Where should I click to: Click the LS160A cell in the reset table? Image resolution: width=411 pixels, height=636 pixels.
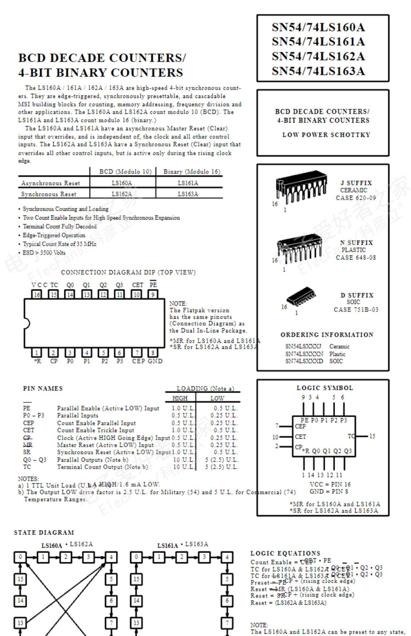point(122,183)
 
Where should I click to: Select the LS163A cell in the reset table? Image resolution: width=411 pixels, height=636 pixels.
point(188,194)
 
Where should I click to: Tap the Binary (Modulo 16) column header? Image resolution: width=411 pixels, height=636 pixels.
point(192,171)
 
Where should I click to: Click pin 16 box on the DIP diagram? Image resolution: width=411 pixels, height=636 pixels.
point(37,294)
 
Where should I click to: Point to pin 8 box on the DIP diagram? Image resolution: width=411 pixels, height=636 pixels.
point(153,353)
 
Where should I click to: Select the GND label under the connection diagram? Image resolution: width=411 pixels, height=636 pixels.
point(155,361)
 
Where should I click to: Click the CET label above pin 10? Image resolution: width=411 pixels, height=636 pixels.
point(138,285)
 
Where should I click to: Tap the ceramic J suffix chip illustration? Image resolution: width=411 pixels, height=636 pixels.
point(301,186)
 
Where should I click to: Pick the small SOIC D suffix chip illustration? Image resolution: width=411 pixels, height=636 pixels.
point(301,297)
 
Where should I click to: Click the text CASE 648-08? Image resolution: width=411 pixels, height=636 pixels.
point(356,257)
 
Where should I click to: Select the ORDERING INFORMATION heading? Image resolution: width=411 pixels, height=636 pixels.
point(327,335)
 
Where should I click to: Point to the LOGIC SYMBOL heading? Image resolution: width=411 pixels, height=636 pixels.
point(325,388)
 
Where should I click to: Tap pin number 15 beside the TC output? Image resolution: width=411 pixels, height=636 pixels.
point(372,436)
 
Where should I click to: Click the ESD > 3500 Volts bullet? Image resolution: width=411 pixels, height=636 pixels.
point(44,253)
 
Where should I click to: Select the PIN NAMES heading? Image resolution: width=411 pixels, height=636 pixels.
point(43,388)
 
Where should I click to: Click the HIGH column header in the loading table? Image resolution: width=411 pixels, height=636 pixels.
point(180,398)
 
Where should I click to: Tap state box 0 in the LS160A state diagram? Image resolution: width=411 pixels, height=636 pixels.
point(21,557)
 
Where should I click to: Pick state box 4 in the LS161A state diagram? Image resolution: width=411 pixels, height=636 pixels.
point(227,557)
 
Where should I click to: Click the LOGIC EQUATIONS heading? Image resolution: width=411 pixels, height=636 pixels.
point(285,553)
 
